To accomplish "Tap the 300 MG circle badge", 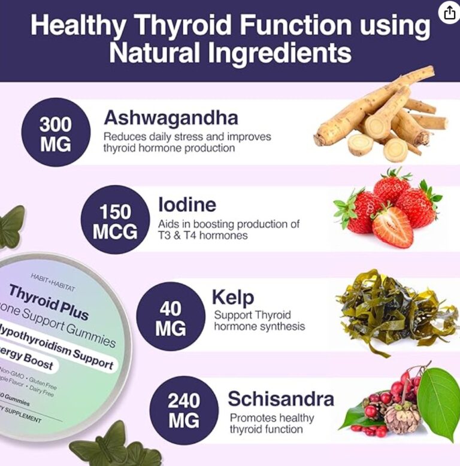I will pos(56,133).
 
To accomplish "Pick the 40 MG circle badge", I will pos(171,317).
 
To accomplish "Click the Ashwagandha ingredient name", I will pos(171,117).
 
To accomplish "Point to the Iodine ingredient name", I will pos(187,205).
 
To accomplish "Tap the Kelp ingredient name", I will pos(234,297).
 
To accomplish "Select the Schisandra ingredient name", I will pos(281,398).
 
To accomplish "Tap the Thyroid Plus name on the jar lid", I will pos(49,302).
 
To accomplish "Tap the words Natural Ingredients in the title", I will pos(230,53).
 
